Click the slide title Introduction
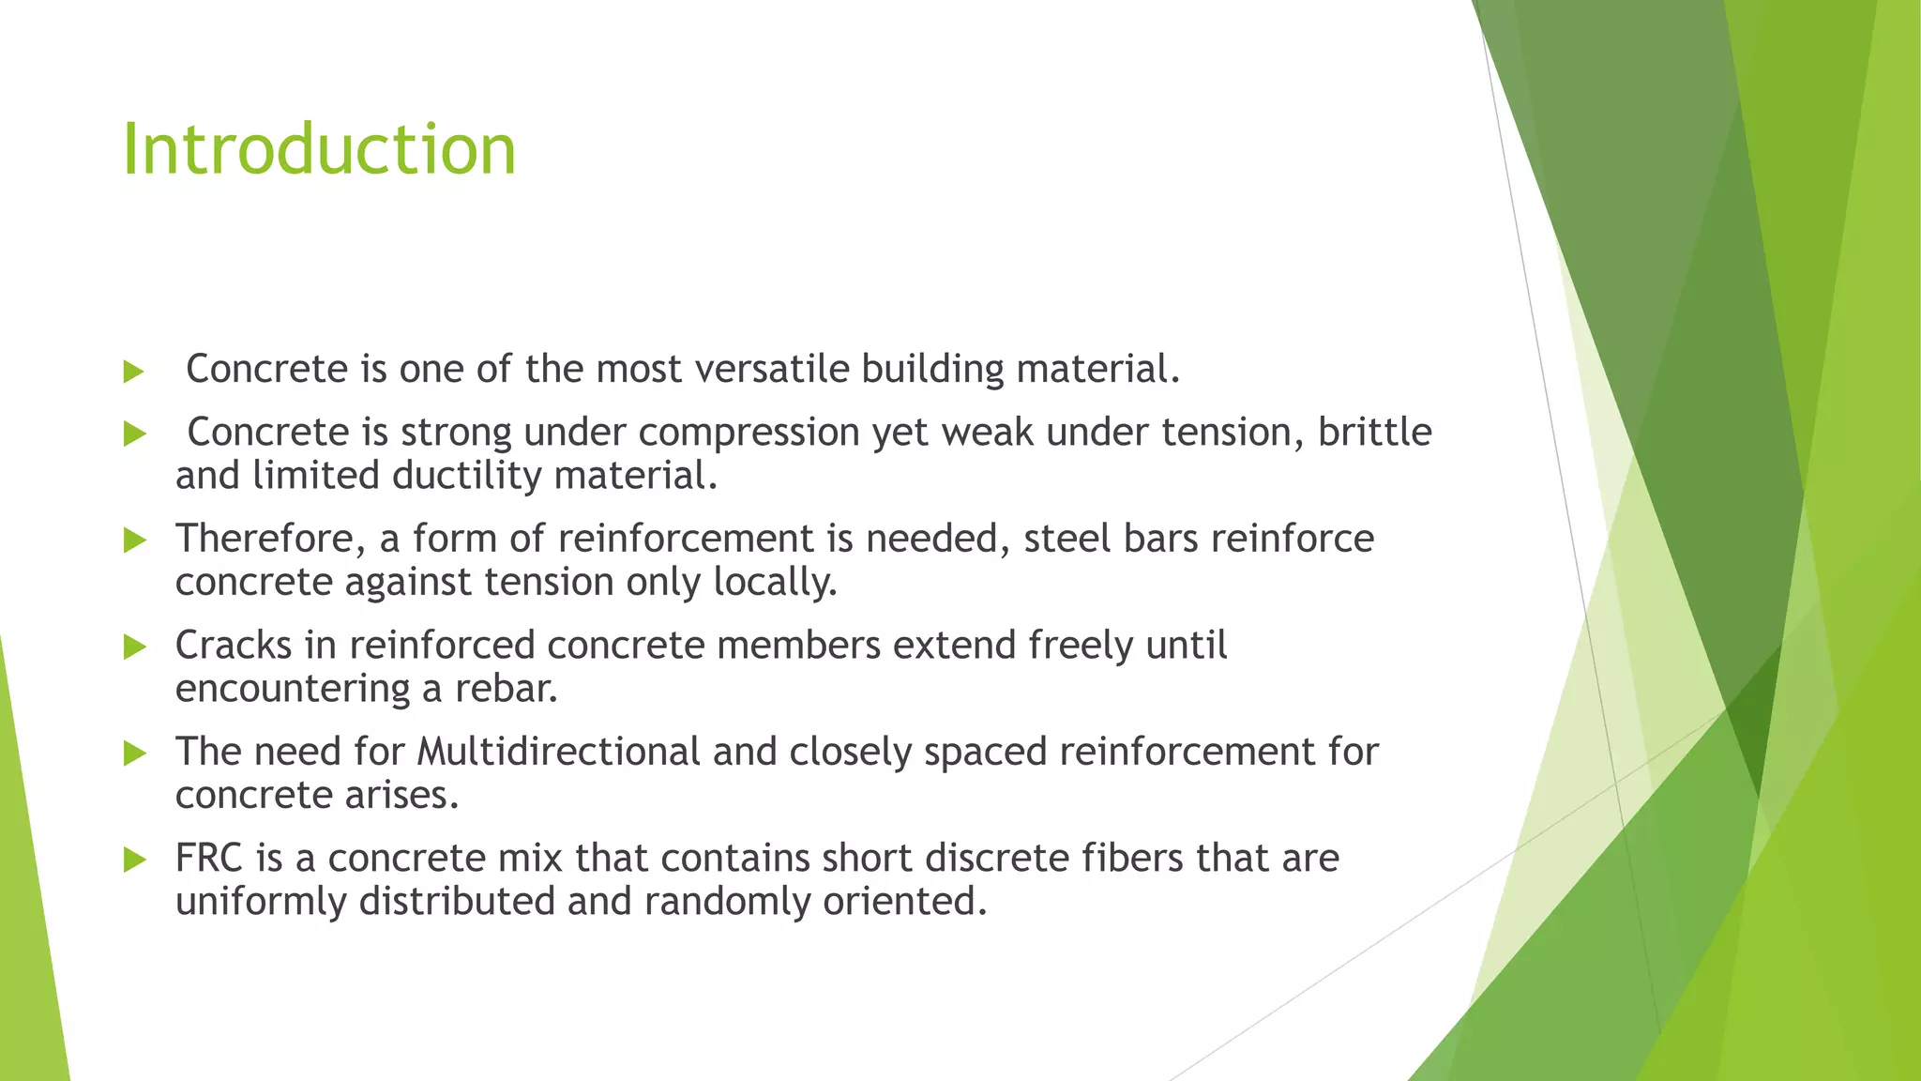(319, 150)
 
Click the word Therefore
(270, 540)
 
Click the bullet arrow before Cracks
(135, 647)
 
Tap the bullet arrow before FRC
(135, 860)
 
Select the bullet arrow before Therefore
(135, 540)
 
